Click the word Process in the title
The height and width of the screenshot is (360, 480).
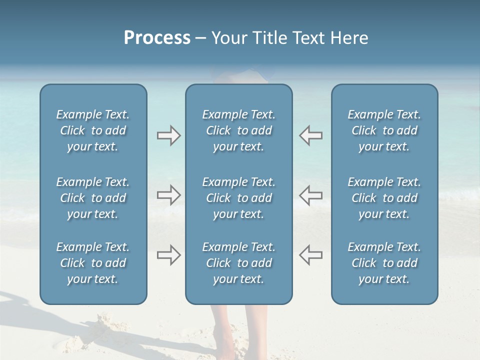pos(157,38)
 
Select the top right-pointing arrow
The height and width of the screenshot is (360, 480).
pos(168,135)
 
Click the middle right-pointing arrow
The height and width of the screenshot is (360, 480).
pos(168,195)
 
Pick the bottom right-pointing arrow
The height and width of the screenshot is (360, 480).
pos(168,254)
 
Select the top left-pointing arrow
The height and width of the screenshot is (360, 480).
pos(310,135)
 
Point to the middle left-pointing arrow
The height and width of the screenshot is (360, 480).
pos(310,195)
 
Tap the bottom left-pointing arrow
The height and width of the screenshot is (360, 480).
pos(310,254)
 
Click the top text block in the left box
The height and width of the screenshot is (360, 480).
pos(93,130)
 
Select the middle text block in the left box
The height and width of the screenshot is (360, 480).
pos(93,198)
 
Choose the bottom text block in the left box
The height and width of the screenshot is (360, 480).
pos(93,263)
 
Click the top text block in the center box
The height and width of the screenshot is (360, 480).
pos(238,130)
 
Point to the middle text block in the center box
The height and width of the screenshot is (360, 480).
pos(238,198)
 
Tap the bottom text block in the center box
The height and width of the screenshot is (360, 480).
pos(238,263)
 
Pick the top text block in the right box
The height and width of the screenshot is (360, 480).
pos(384,130)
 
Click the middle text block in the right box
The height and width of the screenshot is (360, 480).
pos(384,198)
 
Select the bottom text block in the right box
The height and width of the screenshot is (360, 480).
pos(384,263)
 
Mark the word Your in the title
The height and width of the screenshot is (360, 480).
pos(229,38)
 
